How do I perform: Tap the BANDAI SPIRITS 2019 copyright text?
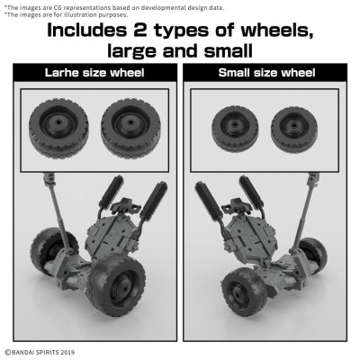click(x=42, y=351)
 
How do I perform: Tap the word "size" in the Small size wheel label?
click(x=266, y=72)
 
